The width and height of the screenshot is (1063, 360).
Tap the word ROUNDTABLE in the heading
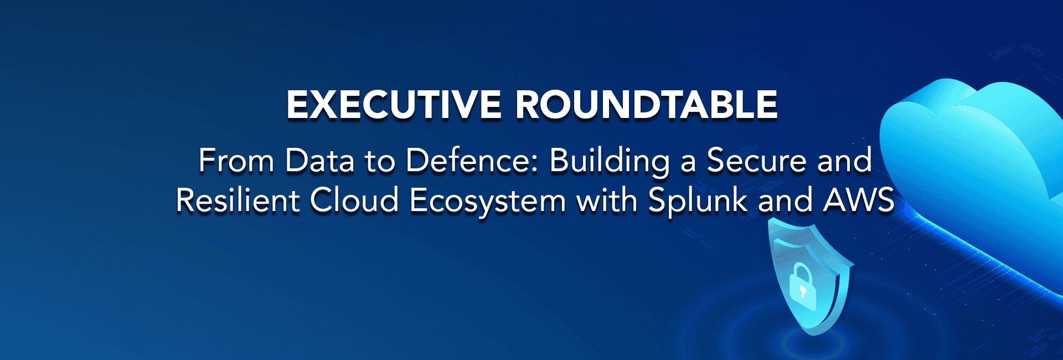click(647, 105)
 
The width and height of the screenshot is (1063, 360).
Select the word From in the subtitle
click(236, 161)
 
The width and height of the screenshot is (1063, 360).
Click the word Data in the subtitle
click(319, 161)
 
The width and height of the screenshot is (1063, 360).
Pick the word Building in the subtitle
click(610, 162)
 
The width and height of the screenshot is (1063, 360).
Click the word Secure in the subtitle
click(757, 161)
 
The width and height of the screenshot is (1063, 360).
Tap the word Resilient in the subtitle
click(238, 200)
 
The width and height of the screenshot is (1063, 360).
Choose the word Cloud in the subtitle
click(354, 200)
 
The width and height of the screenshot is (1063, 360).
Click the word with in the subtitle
click(607, 200)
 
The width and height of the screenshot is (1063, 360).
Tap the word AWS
click(859, 200)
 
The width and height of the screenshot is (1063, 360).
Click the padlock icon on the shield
click(802, 287)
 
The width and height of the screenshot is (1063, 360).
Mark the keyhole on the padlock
click(802, 292)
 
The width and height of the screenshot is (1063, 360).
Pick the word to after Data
click(380, 162)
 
